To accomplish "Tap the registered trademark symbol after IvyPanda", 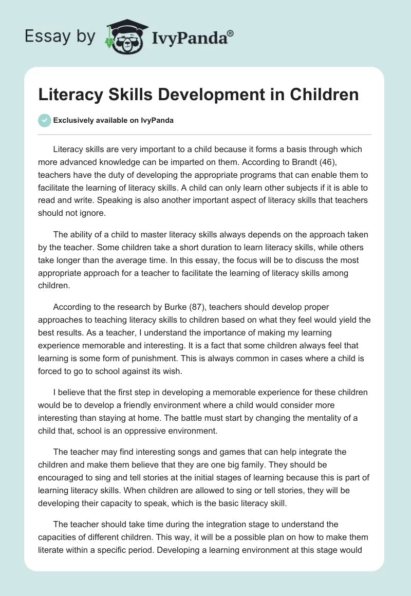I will point(231,32).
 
